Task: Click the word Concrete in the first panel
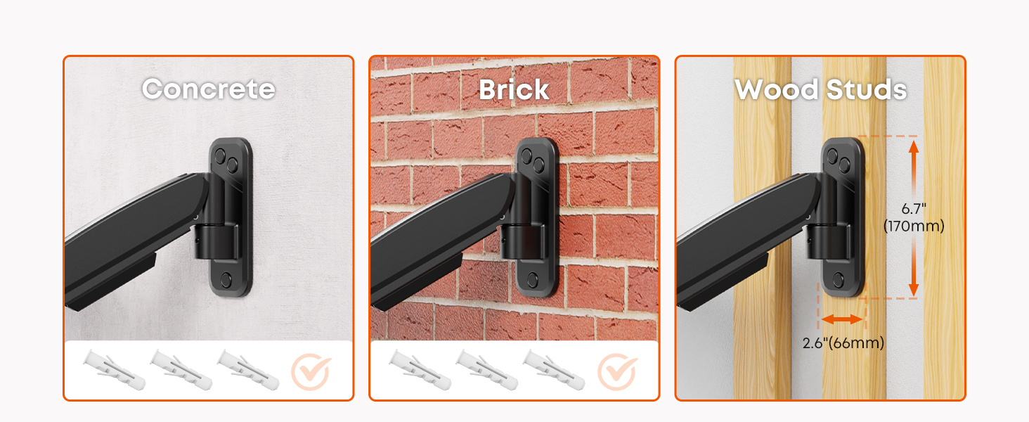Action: coord(209,89)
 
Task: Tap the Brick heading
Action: coord(514,89)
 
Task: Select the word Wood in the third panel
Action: coord(776,89)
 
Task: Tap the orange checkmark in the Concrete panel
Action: coord(311,371)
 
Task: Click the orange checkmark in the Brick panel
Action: coord(617,371)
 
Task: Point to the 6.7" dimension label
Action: coord(914,209)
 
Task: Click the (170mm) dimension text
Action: coord(914,226)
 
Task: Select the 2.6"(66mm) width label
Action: coord(843,343)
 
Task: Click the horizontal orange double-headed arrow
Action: coord(842,319)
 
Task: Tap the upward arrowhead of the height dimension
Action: coord(914,147)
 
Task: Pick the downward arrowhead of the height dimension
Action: coord(914,289)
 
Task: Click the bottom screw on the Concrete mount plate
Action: coord(226,279)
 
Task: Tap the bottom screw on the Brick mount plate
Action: coord(533,279)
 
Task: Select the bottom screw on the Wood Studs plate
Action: coord(839,279)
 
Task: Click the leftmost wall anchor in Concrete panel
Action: coord(114,369)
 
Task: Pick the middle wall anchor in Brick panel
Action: coord(486,369)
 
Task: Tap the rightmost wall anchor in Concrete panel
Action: coord(248,369)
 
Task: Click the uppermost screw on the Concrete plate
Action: coord(221,155)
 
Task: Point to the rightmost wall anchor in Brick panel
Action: coord(554,369)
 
